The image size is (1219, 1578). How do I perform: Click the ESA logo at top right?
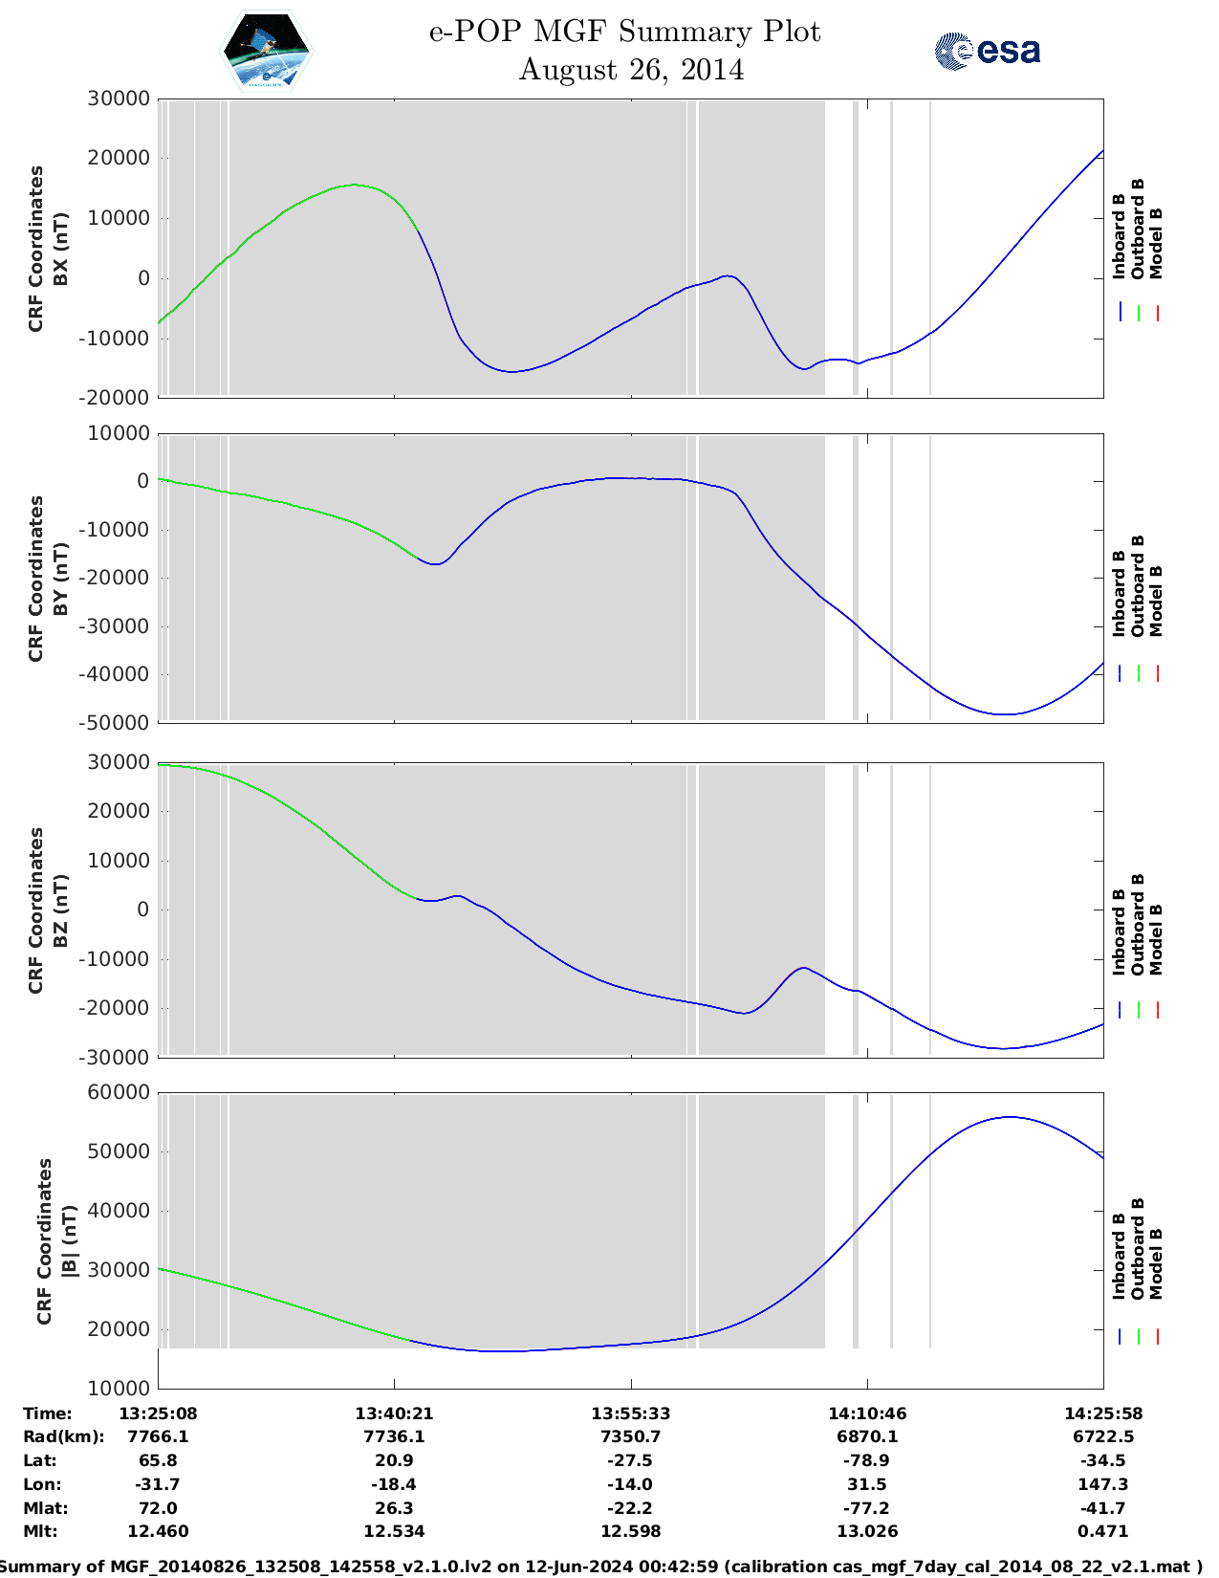(x=988, y=51)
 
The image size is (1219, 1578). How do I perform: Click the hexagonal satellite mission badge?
(x=266, y=52)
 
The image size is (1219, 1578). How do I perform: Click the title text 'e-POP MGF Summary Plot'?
(x=624, y=32)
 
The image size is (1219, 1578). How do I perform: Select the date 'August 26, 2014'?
(x=631, y=70)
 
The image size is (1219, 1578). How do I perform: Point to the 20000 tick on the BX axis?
(x=118, y=158)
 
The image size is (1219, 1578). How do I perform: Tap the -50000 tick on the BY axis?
(x=118, y=723)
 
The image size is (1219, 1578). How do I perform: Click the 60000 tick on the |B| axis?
(x=118, y=1092)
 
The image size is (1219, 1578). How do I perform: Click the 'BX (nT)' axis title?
(x=61, y=249)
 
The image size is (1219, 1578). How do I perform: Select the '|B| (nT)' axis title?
(x=69, y=1241)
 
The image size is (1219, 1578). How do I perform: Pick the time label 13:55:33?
(x=630, y=1414)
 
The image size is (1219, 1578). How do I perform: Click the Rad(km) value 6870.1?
(x=866, y=1436)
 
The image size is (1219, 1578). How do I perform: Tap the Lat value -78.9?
(x=866, y=1460)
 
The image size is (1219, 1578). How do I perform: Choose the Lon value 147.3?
(x=1102, y=1484)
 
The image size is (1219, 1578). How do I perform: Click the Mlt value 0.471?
(x=1102, y=1531)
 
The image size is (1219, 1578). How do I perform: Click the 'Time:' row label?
(x=48, y=1414)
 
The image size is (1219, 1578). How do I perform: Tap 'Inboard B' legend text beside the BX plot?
(x=1119, y=236)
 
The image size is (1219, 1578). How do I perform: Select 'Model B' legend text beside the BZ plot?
(x=1156, y=939)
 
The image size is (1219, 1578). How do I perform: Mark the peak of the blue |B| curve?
(x=1010, y=1117)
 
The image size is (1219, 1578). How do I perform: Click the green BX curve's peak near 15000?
(x=354, y=185)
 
